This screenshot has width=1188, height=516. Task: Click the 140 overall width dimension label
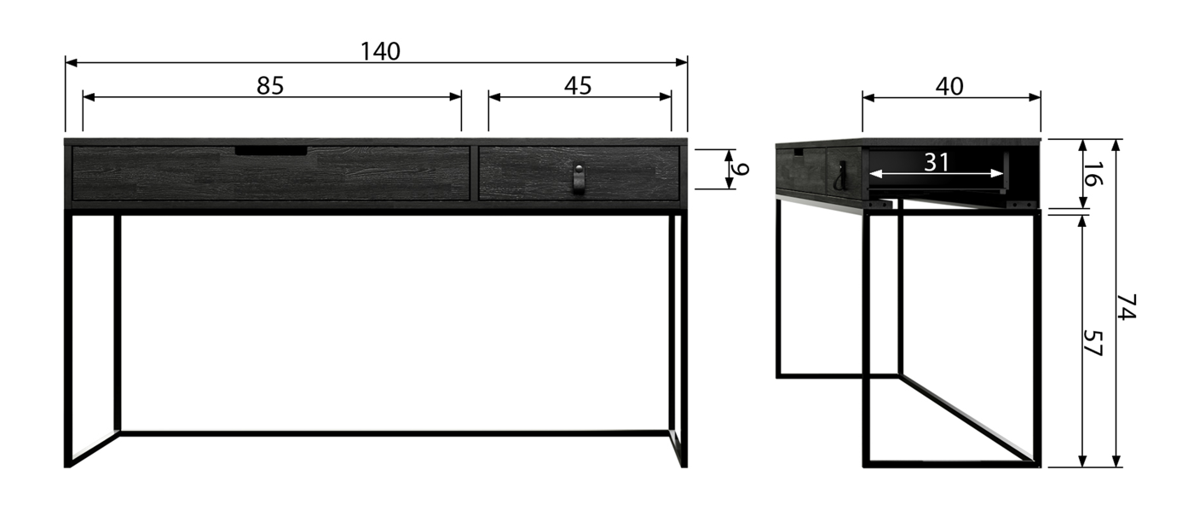pos(380,51)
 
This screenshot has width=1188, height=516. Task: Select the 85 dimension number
pos(270,85)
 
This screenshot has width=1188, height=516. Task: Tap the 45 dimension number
pos(578,85)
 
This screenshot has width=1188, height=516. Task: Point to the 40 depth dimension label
pos(949,86)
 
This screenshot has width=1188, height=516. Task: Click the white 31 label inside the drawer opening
pos(937,162)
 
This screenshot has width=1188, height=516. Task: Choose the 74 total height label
pos(1127,307)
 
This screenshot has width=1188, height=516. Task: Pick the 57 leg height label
pos(1092,344)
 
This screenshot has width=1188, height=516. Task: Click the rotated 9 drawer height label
pos(740,169)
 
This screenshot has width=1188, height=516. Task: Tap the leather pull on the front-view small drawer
pos(579,179)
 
